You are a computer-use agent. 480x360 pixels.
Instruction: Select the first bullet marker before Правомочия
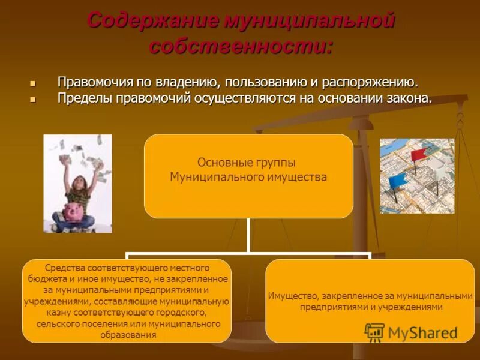pos(33,83)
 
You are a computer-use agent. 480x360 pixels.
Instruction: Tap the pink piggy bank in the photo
pos(74,211)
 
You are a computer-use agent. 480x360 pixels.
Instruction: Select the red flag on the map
pos(420,154)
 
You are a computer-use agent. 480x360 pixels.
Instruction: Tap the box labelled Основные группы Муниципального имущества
pos(248,175)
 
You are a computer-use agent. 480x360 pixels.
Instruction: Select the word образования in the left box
pos(127,335)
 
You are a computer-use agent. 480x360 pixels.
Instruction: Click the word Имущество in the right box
pos(293,296)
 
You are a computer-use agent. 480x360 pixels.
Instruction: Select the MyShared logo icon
pos(374,332)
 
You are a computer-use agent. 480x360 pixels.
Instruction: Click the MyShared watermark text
pos(422,333)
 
